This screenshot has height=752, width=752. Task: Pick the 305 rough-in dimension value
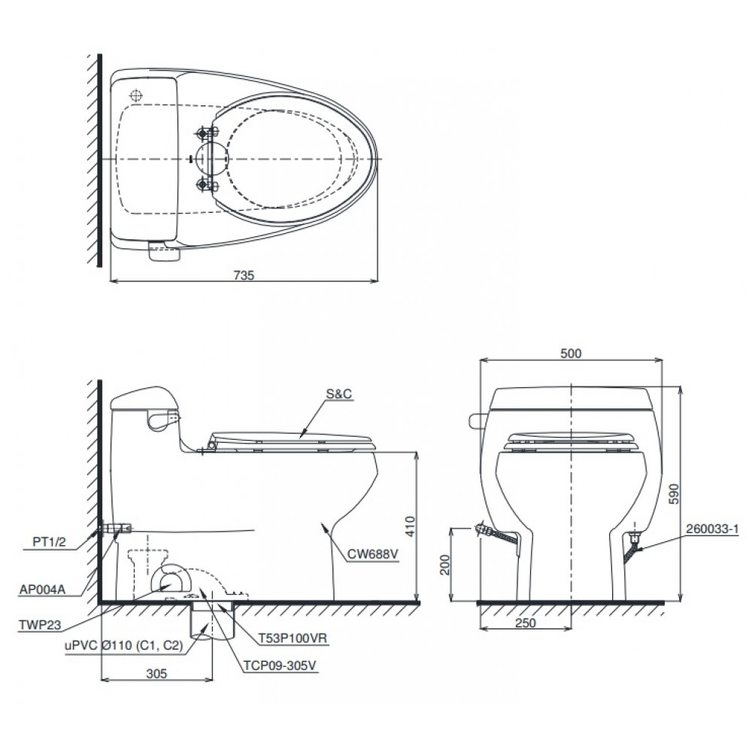155,674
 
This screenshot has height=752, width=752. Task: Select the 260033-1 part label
712,529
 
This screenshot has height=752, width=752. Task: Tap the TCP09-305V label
280,666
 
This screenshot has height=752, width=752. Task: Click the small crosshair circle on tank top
136,96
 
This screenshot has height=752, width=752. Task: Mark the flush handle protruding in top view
165,253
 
